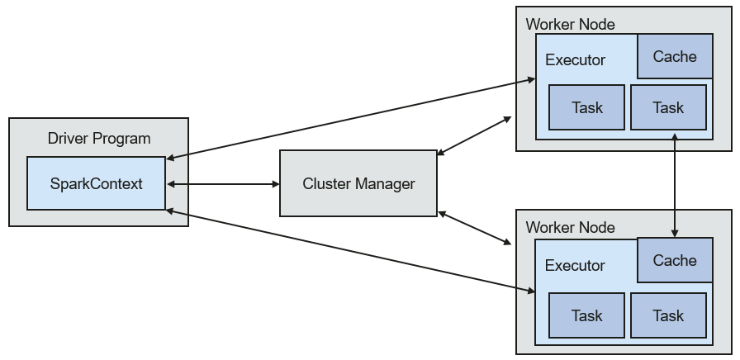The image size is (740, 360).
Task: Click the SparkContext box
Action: tap(97, 183)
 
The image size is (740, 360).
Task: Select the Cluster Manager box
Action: tap(358, 183)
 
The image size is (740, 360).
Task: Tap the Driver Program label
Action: tap(99, 139)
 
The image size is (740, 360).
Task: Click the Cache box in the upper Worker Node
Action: tap(675, 56)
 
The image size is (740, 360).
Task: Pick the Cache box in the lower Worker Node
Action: tap(675, 260)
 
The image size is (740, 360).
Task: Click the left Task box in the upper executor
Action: tap(586, 107)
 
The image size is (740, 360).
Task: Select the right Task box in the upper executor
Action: tap(668, 107)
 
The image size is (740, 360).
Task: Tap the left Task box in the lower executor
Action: tap(586, 315)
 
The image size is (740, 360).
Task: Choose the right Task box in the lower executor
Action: tap(668, 315)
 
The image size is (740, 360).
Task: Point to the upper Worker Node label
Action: tap(570, 24)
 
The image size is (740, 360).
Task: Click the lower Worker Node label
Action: tap(570, 227)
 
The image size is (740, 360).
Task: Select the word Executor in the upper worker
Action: tap(575, 60)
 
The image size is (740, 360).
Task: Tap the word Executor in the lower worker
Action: tap(575, 265)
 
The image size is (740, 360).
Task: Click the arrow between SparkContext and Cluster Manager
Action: tap(223, 184)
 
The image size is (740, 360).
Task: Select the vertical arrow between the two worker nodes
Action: tap(675, 186)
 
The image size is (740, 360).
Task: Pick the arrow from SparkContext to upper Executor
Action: tap(351, 119)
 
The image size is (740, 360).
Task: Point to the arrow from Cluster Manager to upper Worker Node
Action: tap(474, 135)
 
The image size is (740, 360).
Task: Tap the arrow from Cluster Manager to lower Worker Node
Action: tap(475, 229)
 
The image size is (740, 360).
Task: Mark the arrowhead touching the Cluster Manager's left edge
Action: tap(276, 184)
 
